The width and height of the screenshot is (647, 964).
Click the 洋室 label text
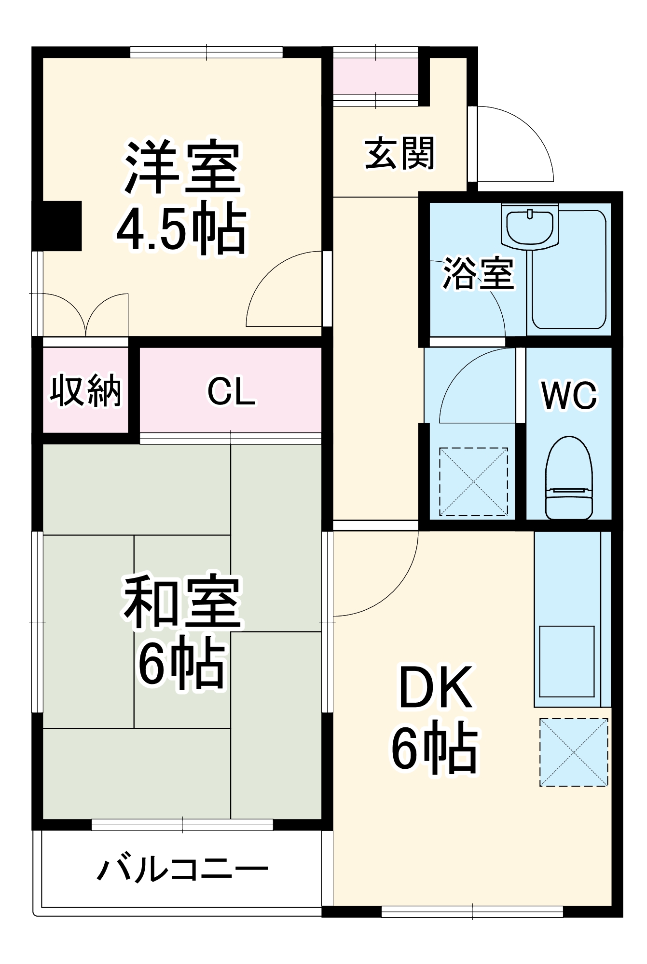[x=182, y=167]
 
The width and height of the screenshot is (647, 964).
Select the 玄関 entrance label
[x=399, y=153]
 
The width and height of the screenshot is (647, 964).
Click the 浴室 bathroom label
[x=478, y=273]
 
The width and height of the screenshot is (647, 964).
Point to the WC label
[x=569, y=396]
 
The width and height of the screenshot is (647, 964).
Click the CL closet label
[x=231, y=391]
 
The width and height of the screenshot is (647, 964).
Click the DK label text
[x=435, y=687]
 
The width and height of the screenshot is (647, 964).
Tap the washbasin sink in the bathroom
[x=530, y=227]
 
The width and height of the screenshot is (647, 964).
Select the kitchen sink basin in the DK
[x=566, y=661]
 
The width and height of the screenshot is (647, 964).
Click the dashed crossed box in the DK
[x=574, y=752]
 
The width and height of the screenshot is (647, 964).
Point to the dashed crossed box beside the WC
[x=473, y=482]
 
